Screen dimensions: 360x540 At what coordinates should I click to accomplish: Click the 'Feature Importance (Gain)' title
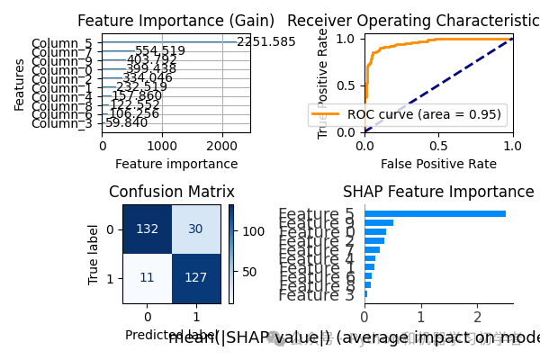[x=176, y=21]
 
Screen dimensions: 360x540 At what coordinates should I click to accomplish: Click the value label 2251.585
[x=265, y=42]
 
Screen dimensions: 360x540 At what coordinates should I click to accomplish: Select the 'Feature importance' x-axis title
[x=176, y=164]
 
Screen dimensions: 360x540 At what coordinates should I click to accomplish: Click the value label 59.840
[x=127, y=123]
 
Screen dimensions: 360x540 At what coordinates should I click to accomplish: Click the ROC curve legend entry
[x=408, y=114]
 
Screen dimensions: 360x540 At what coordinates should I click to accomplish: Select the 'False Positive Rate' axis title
[x=438, y=164]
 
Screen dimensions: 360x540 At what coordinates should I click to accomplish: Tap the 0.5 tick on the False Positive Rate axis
[x=438, y=146]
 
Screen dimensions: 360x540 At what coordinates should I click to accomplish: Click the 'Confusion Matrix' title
[x=172, y=192]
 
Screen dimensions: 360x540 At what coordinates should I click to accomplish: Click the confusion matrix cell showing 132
[x=148, y=229]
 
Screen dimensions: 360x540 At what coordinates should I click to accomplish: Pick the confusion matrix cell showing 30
[x=196, y=229]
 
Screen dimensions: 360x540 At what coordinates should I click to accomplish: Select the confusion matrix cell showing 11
[x=148, y=278]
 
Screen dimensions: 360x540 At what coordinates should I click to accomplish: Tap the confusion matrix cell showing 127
[x=196, y=278]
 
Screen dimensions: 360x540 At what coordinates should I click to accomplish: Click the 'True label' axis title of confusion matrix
[x=94, y=254]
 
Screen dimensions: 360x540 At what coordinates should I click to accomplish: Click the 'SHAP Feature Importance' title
[x=438, y=192]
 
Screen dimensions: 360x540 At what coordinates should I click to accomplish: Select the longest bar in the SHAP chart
[x=435, y=213]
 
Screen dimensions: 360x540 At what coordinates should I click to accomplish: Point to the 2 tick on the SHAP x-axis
[x=476, y=316]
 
